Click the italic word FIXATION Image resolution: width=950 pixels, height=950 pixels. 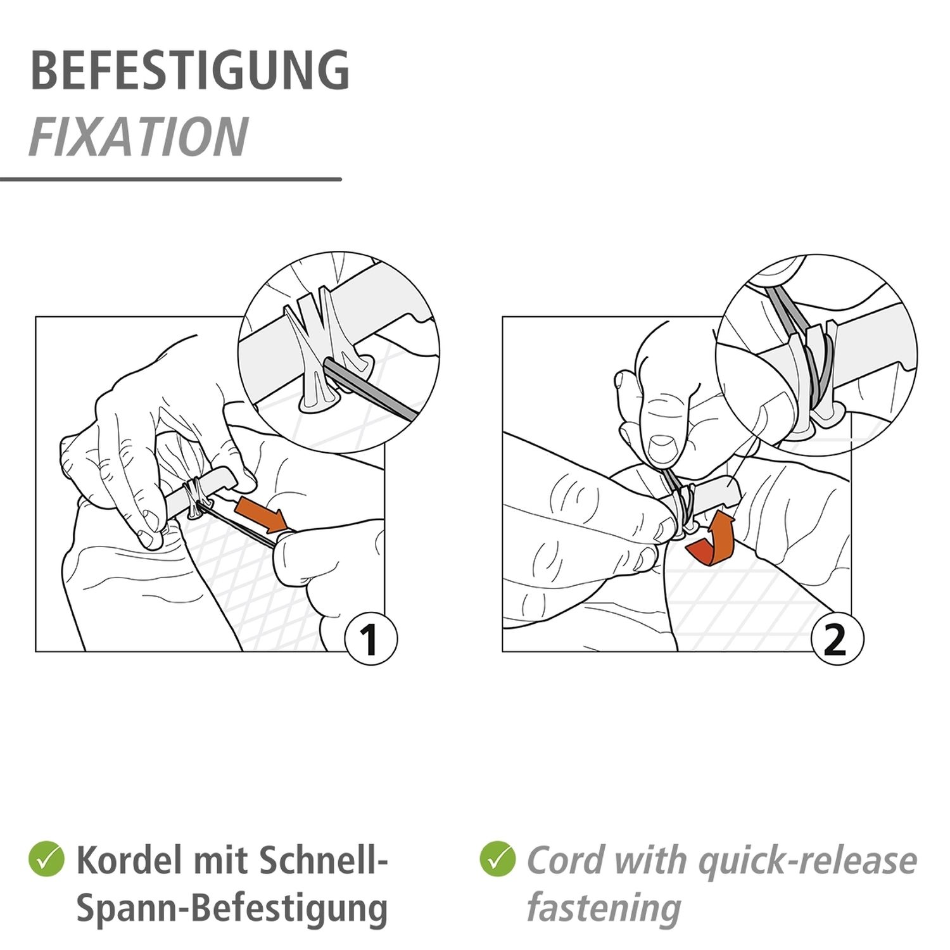coord(139,137)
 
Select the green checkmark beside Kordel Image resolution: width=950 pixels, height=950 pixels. coord(46,859)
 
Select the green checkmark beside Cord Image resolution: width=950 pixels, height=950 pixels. coord(498,859)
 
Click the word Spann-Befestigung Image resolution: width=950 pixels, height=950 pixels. coord(232,909)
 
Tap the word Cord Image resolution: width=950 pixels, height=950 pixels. coord(566,860)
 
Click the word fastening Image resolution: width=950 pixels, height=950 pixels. coord(604,908)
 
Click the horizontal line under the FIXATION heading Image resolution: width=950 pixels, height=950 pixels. coord(171,179)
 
